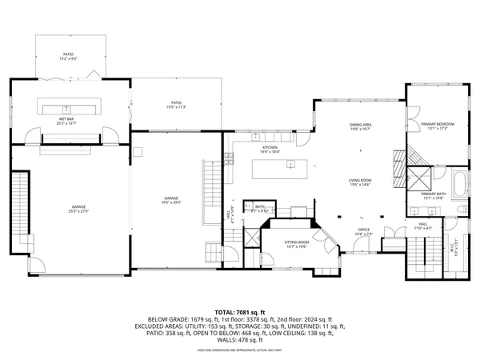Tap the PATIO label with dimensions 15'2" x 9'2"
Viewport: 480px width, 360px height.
click(x=68, y=57)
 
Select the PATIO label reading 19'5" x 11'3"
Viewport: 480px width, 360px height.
click(x=176, y=104)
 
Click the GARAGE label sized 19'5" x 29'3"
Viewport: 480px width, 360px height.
click(x=171, y=200)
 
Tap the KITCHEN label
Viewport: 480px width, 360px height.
click(x=270, y=150)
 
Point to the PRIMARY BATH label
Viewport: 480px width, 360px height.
click(x=434, y=196)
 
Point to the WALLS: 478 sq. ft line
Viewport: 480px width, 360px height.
click(x=240, y=341)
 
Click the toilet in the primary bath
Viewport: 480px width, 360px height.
click(x=462, y=209)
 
